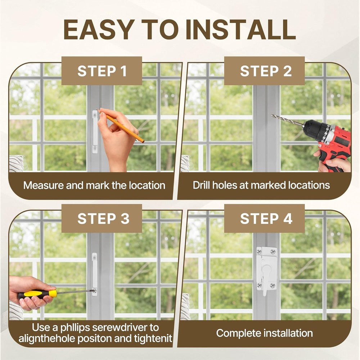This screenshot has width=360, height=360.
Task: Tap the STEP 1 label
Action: [102, 71]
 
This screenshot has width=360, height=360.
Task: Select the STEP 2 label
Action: [266, 71]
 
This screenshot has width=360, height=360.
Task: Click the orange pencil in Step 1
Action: [124, 127]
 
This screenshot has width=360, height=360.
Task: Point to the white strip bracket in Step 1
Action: [95, 132]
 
